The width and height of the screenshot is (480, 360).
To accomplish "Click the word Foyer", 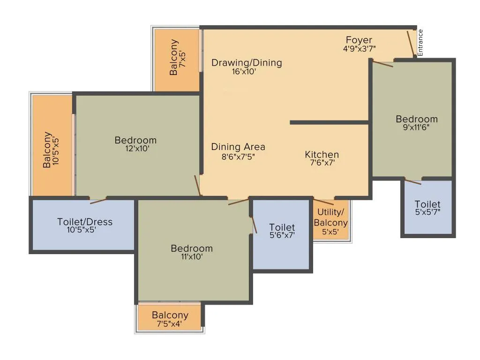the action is point(359,40).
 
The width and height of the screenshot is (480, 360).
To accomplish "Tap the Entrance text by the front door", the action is point(420,43).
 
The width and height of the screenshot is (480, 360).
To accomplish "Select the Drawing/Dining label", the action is point(247,63).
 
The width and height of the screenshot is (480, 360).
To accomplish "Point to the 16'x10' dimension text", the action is point(244,72).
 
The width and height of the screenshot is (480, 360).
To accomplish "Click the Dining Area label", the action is point(238,147).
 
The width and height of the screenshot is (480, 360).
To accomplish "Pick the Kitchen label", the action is point(322,155).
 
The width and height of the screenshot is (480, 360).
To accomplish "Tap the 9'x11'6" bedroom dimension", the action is point(416,127).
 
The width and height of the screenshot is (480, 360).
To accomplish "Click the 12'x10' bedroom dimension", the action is point(137,149).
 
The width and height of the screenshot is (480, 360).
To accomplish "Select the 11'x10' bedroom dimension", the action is point(192,256).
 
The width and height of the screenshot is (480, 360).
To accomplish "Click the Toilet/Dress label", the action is point(85,222).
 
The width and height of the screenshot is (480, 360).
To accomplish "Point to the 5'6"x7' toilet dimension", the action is point(282,235).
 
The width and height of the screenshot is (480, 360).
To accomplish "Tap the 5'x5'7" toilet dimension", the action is point(427,212).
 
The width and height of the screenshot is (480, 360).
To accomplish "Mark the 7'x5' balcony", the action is point(177,60).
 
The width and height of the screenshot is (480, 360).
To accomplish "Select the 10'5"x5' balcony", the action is point(52,145).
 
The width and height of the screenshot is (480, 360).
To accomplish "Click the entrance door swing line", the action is point(411,44).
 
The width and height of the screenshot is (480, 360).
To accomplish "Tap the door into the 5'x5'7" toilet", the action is point(412,181).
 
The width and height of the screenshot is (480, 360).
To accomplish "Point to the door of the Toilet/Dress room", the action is point(98,201).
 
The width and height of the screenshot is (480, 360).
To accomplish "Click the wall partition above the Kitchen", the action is point(330,122).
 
